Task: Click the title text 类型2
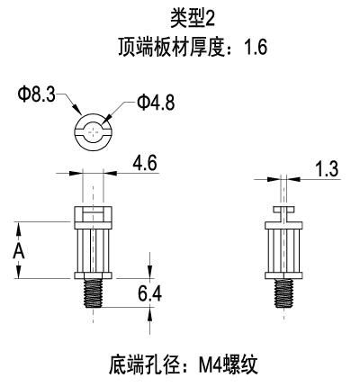click(193, 18)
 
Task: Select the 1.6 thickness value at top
click(256, 47)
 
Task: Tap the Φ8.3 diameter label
click(37, 94)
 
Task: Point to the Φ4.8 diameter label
click(156, 103)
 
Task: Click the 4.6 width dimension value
click(145, 164)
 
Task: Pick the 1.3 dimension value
click(328, 168)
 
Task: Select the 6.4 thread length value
click(149, 293)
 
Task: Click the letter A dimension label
click(19, 251)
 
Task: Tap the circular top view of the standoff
click(93, 131)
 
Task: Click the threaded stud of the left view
click(93, 293)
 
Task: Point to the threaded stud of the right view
click(283, 293)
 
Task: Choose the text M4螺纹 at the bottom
click(228, 365)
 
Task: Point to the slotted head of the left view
click(93, 214)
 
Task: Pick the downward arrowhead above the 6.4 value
click(149, 271)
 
